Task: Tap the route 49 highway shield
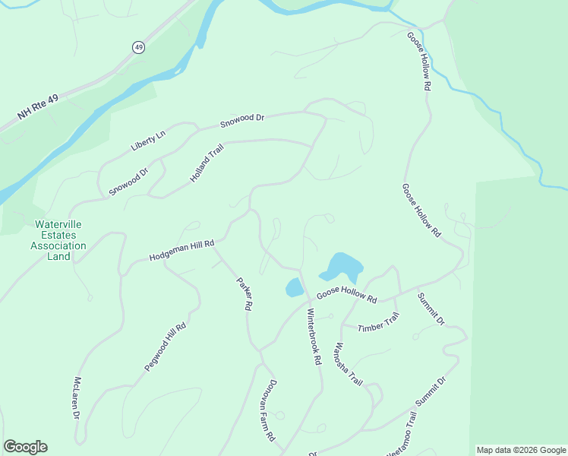[138, 47]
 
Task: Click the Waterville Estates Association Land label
[61, 240]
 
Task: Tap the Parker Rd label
[244, 294]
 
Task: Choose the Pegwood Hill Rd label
[165, 346]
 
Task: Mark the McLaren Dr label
[77, 398]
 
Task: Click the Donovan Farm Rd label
[271, 411]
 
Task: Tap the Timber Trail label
[378, 327]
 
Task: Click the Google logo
[25, 447]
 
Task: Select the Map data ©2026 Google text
[521, 450]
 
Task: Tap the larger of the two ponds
[343, 266]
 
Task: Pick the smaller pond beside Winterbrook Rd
[294, 287]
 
